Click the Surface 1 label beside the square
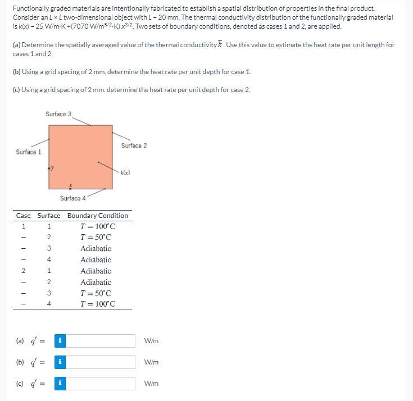coord(28,152)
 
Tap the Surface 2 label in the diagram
coord(134,145)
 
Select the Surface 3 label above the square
coord(58,114)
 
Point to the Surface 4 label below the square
coord(73,198)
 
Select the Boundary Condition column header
coord(97,216)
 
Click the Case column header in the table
coord(24,216)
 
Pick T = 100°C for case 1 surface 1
coord(97,226)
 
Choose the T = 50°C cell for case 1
coord(97,238)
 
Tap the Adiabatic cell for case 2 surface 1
coord(96,271)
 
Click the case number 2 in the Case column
coord(24,271)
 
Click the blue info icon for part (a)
coord(60,341)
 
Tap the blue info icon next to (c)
coord(60,384)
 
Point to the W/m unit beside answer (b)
coord(151,362)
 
